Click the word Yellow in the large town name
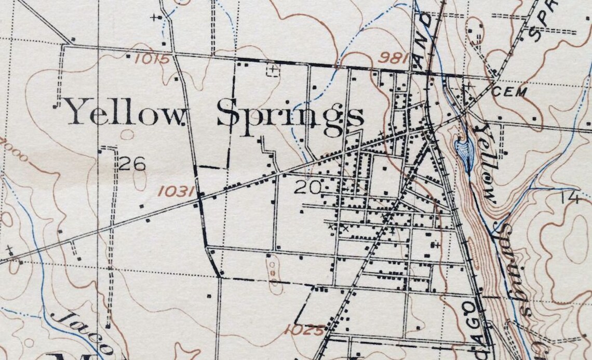coord(125,112)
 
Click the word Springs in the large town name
coord(289,115)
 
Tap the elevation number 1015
coord(152,59)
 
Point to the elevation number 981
coord(393,57)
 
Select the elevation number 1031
coord(176,192)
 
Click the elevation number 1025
coord(305,329)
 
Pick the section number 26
coord(132,165)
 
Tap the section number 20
coord(308,187)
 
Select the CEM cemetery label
coord(509,92)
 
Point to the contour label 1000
coord(13,150)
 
